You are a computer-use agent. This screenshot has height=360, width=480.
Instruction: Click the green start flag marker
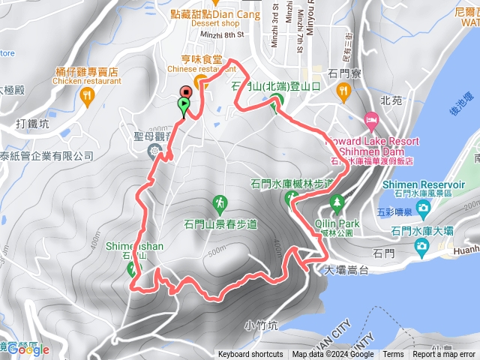tap(183, 107)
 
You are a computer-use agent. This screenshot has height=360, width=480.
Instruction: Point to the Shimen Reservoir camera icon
tap(424, 206)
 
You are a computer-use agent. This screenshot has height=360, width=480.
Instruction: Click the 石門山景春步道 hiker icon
tap(220, 202)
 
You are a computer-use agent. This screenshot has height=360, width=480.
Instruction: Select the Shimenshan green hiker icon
tap(133, 269)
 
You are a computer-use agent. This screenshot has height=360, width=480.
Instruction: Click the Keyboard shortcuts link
tap(250, 355)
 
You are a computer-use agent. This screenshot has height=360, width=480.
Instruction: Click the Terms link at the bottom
tap(393, 355)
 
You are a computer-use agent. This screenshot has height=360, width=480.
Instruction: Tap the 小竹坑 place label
tap(261, 325)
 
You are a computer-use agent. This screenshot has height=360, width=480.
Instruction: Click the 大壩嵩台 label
tap(347, 269)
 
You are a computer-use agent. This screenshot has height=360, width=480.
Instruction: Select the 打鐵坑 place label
tap(32, 123)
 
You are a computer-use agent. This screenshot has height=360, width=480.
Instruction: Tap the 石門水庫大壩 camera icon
tap(422, 247)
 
